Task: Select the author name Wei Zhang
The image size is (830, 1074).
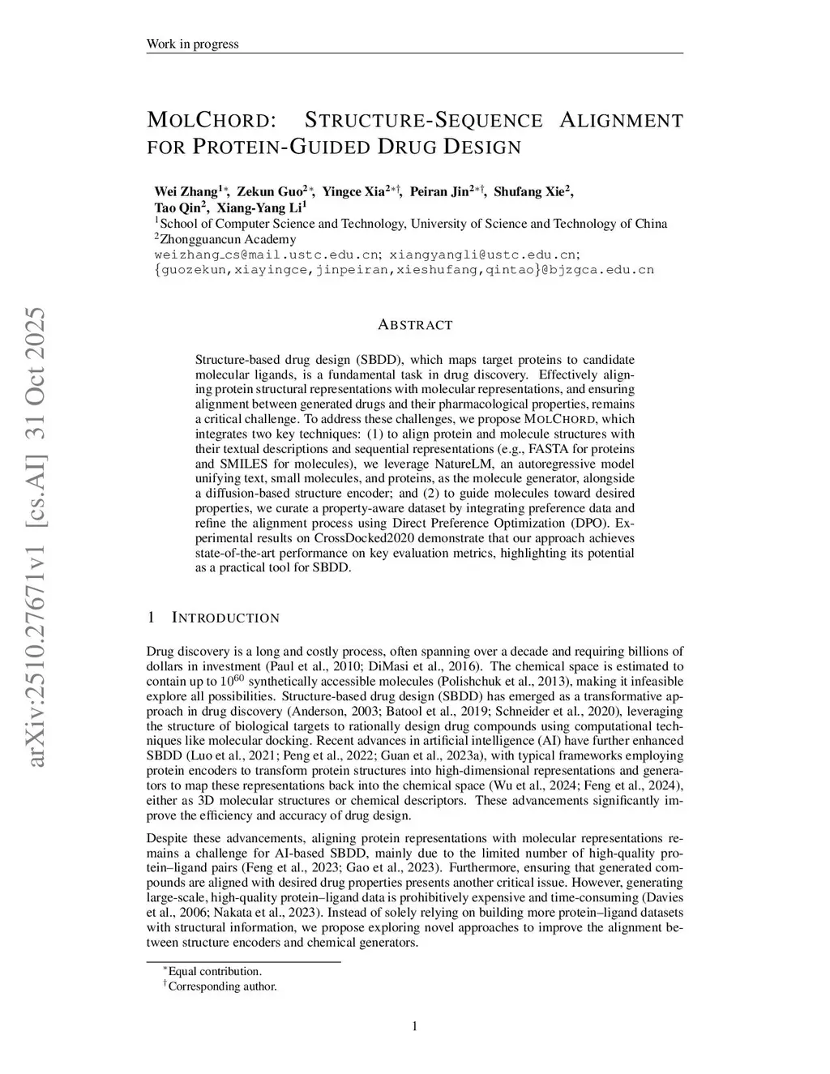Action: click(x=186, y=192)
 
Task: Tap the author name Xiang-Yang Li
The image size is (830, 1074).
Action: click(x=259, y=208)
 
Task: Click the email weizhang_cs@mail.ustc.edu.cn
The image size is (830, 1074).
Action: click(x=267, y=255)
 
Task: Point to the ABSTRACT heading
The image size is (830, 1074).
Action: click(x=415, y=325)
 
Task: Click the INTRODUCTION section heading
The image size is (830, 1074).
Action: click(x=225, y=618)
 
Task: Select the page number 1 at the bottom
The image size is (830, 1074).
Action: click(x=415, y=1027)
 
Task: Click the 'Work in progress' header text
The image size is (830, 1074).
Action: click(x=192, y=44)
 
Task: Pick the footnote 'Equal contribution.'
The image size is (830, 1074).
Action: click(x=215, y=971)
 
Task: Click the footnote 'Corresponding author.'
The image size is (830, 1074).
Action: click(x=222, y=986)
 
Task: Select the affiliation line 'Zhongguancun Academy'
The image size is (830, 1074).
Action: click(x=229, y=239)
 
